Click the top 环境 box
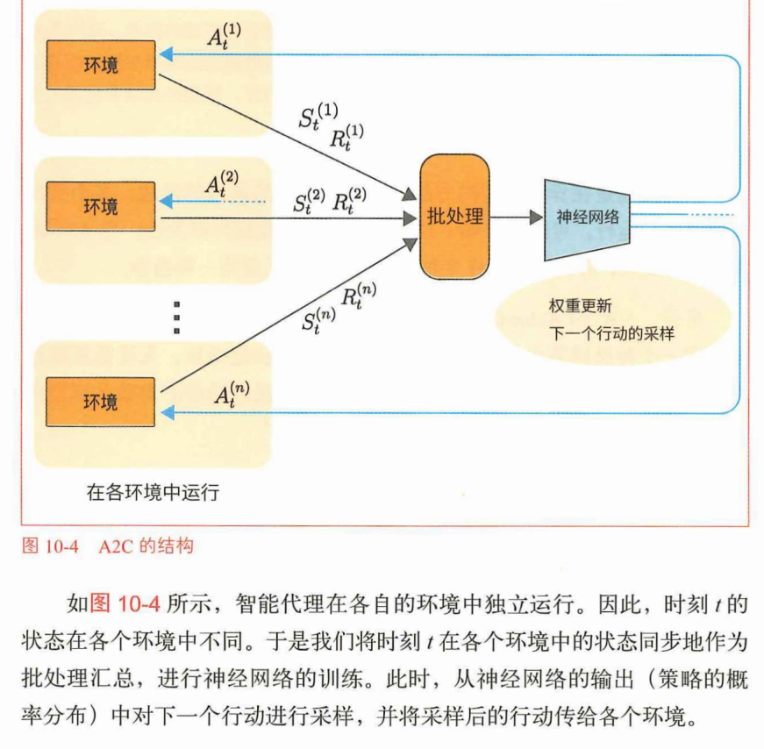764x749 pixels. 101,64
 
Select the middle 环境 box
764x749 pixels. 101,206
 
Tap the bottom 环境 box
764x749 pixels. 101,402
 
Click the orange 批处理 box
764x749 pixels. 454,216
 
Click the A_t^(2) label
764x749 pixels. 220,182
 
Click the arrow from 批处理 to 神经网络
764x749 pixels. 517,217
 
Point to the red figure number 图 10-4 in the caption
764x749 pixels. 49,547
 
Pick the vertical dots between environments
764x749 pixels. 177,317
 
